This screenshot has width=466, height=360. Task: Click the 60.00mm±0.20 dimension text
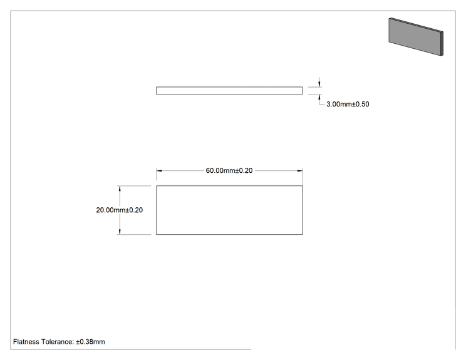click(229, 170)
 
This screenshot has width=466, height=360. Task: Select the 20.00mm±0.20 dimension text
click(120, 210)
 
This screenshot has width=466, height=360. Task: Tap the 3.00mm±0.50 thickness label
click(348, 104)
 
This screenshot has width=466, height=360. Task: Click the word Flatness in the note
click(26, 342)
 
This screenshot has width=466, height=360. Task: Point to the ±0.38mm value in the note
click(90, 342)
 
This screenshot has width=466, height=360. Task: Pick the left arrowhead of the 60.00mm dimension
click(159, 171)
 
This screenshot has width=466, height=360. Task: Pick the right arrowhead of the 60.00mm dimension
click(300, 171)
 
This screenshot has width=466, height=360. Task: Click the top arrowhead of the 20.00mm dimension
click(120, 188)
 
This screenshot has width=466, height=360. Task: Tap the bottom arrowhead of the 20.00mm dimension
click(120, 232)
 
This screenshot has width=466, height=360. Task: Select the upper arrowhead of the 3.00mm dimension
click(319, 84)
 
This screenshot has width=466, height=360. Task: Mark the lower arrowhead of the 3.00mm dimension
click(319, 98)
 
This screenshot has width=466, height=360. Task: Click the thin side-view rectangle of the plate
click(229, 87)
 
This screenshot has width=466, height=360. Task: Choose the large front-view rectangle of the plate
click(229, 186)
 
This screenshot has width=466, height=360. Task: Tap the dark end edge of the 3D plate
click(442, 43)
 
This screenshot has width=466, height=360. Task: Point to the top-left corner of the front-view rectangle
click(157, 186)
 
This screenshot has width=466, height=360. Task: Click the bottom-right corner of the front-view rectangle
click(303, 234)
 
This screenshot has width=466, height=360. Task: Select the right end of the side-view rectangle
click(303, 91)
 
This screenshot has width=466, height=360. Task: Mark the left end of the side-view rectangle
click(157, 91)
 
